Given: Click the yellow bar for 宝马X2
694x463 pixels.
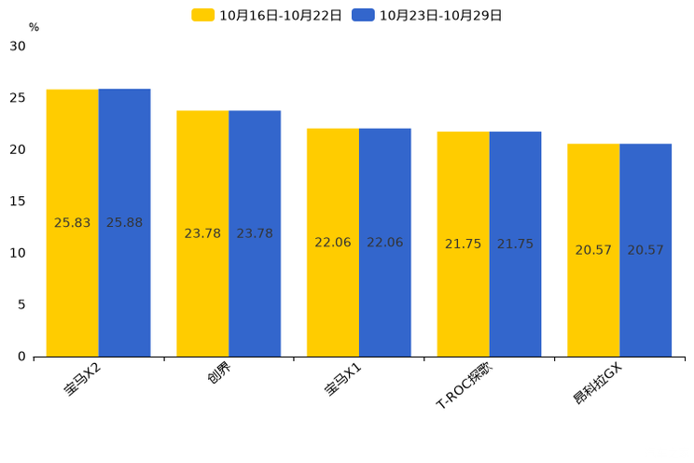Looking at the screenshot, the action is [x=73, y=223].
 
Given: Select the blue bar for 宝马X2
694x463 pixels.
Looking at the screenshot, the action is [x=124, y=222].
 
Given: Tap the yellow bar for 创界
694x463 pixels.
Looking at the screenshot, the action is [x=202, y=233].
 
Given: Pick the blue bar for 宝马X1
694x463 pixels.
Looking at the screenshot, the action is [x=385, y=243].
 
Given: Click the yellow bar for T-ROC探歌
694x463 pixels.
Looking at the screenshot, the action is [x=464, y=245].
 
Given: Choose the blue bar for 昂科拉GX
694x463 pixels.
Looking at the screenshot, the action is [x=645, y=250].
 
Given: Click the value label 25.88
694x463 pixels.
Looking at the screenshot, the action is [x=124, y=222].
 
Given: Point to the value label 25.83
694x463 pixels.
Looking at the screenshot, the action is [x=72, y=222].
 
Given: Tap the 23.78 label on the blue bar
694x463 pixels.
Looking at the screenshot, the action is [x=255, y=233].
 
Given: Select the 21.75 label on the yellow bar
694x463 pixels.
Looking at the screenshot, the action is [x=463, y=244].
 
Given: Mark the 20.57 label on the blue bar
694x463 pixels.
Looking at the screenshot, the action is [x=645, y=250].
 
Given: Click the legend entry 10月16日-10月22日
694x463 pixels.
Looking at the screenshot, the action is [x=267, y=16].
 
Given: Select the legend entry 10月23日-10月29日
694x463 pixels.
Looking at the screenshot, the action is [x=426, y=16].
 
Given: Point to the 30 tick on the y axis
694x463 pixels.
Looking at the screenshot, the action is [x=18, y=46].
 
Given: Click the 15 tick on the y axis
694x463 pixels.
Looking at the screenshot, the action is [x=18, y=201].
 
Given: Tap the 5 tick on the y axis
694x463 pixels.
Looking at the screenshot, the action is [x=21, y=305].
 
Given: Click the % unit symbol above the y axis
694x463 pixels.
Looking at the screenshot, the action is [x=35, y=27].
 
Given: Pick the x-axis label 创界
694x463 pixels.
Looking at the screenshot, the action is [x=219, y=372].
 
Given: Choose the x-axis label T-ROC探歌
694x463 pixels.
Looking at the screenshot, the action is [x=464, y=386].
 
